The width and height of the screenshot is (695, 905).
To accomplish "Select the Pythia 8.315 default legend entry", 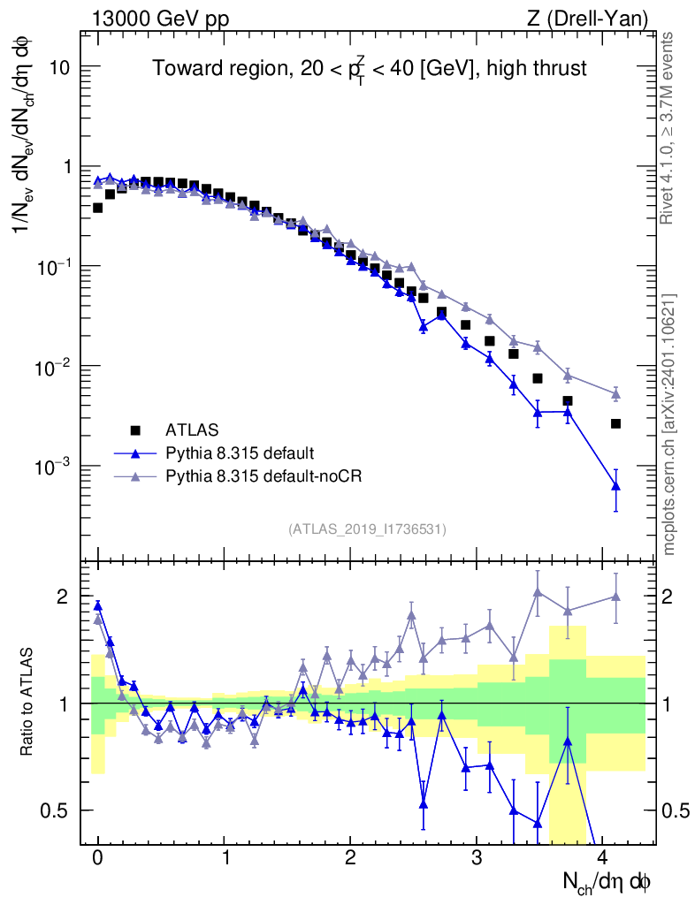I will tap(239, 453).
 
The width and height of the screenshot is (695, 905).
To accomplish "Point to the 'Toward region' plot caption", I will tap(368, 69).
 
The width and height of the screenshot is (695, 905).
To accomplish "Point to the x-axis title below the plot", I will tap(607, 880).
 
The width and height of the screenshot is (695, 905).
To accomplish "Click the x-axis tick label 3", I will tap(477, 856).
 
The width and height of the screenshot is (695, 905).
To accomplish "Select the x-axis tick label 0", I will tap(98, 856).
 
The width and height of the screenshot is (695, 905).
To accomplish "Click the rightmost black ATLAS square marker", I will tap(615, 423).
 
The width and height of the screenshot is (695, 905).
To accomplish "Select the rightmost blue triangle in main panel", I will tap(615, 485).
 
